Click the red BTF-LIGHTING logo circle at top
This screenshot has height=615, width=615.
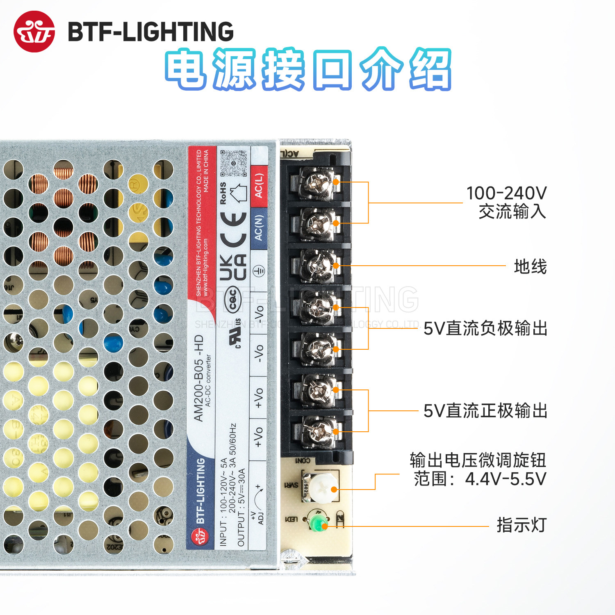[34, 32]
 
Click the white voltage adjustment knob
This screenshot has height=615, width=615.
[323, 488]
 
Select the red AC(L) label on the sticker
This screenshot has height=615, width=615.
[259, 186]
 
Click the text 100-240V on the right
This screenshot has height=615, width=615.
[506, 193]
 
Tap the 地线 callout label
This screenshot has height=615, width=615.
[530, 266]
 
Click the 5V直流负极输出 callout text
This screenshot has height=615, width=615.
[485, 328]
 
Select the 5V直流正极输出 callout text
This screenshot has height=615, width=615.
[485, 411]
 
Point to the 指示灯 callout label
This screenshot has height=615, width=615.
[522, 525]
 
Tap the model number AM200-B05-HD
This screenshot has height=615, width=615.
[198, 378]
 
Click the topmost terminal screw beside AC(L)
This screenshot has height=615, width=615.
[317, 182]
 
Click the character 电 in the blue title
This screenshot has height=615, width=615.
[187, 69]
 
